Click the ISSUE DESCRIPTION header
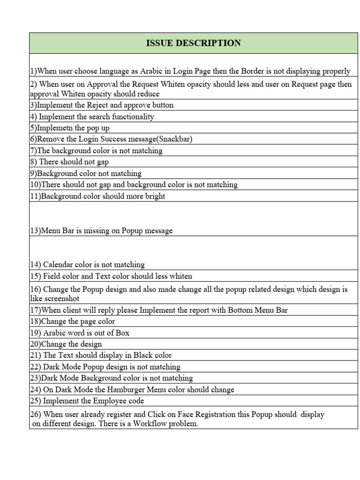[194, 43]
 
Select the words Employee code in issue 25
[120, 401]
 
